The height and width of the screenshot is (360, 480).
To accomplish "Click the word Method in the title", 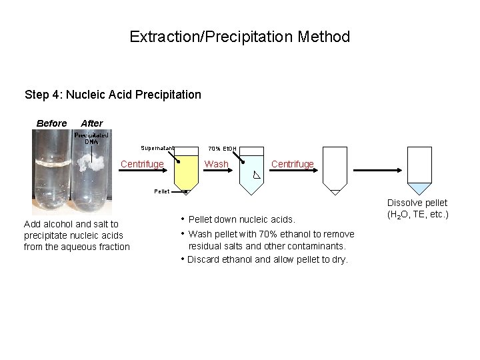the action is coord(325,36).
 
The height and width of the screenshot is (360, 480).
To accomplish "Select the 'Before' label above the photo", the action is coord(51,123).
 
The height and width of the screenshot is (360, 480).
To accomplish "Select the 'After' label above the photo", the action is coord(91,123).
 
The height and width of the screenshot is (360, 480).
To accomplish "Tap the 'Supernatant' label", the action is coord(157,147).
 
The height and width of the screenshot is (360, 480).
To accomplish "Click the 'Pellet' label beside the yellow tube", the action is coord(161,191).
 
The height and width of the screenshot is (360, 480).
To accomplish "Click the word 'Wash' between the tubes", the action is coord(216,164).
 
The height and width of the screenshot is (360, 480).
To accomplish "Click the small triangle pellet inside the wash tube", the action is coord(257,177).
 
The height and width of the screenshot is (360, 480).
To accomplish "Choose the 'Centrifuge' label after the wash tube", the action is coord(292,164).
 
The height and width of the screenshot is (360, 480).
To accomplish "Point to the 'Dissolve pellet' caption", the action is coord(419,203).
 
